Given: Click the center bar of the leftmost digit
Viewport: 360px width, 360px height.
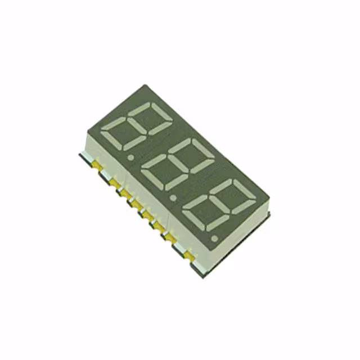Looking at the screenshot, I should coord(137,127).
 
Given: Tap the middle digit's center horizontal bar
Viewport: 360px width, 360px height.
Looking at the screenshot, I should coord(174,165).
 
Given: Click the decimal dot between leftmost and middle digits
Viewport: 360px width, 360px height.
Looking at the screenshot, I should coord(131,158).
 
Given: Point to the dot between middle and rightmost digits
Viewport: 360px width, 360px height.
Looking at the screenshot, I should coord(173,197).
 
